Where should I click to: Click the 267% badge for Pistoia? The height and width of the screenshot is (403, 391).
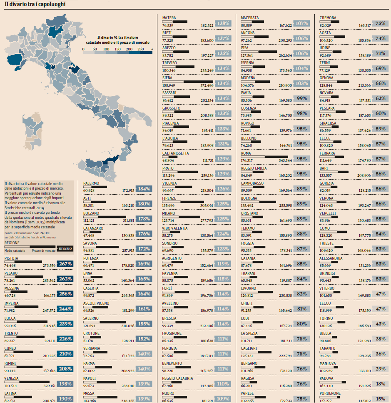click(x=65, y=264)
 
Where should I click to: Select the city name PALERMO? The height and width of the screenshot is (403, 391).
click(x=91, y=183)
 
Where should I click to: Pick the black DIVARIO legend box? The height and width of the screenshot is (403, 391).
click(x=65, y=248)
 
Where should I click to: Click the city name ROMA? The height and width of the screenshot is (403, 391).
click(x=246, y=153)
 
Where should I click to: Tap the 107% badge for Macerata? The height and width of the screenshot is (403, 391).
click(x=301, y=24)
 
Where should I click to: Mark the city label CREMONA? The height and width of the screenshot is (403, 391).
click(x=328, y=18)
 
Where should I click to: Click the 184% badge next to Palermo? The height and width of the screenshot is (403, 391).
click(x=144, y=189)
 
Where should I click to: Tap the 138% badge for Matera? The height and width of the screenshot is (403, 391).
click(x=223, y=24)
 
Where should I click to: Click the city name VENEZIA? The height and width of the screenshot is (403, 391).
click(x=11, y=378)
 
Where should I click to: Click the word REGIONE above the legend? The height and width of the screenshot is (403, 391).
click(x=12, y=243)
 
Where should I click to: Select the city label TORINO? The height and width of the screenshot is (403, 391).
click(x=326, y=318)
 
